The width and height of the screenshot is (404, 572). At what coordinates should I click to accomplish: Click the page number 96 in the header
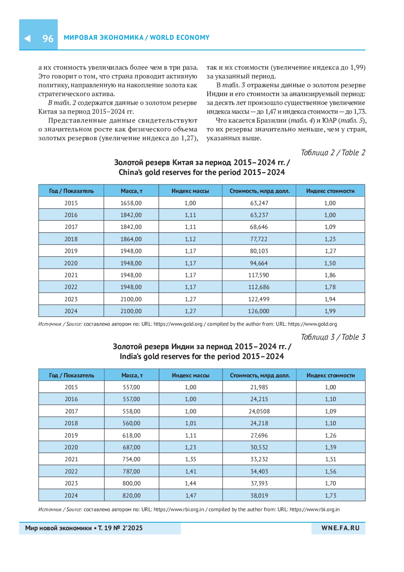(x=48, y=38)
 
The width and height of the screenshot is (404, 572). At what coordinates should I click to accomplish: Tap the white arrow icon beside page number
(x=28, y=38)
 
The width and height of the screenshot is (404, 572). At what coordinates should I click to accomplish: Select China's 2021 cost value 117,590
(x=259, y=275)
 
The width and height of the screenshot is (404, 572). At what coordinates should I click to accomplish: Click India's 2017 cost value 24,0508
(x=259, y=411)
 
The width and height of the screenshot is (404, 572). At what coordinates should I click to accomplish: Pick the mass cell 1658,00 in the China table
(x=131, y=203)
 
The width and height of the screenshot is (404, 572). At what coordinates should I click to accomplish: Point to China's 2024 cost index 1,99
(x=330, y=311)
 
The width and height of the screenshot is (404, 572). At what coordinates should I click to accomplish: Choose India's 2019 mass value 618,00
(x=131, y=435)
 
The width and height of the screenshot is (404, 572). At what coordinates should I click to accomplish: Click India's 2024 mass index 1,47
(x=191, y=495)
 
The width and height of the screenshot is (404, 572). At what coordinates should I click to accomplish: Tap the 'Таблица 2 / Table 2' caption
(x=333, y=153)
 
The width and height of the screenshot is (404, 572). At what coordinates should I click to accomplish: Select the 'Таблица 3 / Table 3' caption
(x=333, y=337)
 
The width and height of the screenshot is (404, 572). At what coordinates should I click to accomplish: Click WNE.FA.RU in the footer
(x=340, y=528)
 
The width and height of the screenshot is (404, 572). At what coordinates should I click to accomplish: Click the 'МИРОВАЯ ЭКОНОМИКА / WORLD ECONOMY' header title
(x=137, y=38)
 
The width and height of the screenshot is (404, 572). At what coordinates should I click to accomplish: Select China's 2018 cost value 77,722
(x=259, y=239)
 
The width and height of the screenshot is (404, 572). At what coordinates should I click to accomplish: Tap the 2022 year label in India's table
(x=71, y=471)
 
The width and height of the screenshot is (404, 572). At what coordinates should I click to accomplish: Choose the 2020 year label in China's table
(x=71, y=263)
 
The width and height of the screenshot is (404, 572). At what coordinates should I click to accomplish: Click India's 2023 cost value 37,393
(x=259, y=483)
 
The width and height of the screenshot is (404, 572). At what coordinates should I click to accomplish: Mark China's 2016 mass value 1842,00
(x=131, y=215)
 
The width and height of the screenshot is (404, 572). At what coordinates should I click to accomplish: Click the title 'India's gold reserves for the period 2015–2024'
(x=202, y=357)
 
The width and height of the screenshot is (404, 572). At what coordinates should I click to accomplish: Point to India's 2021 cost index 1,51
(x=330, y=459)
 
